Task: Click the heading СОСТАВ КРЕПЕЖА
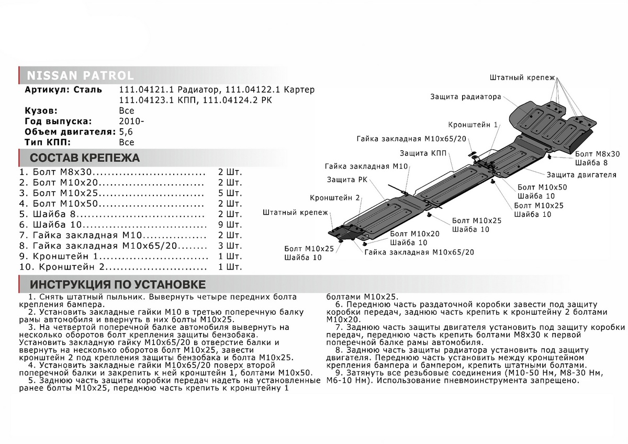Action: click(85, 158)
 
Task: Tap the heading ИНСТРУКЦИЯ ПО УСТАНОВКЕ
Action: click(118, 285)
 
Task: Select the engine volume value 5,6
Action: click(126, 132)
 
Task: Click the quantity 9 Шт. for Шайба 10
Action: click(230, 225)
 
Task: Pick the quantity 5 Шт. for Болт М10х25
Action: click(230, 193)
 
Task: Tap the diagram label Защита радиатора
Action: click(466, 97)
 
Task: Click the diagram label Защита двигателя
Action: click(581, 175)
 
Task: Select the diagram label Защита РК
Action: click(347, 180)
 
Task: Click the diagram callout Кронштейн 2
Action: click(335, 198)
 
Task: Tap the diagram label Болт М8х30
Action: click(597, 154)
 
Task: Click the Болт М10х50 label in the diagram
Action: click(542, 187)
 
